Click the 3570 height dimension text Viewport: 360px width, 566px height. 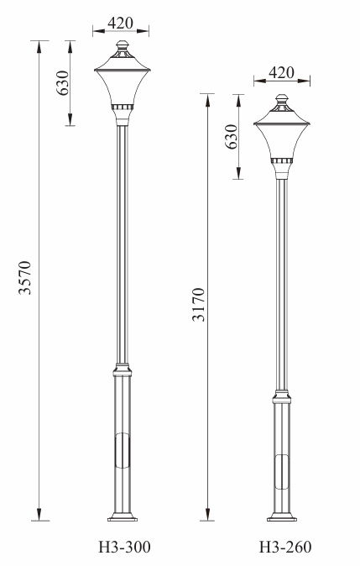tap(25, 277)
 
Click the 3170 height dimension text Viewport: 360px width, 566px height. tap(198, 304)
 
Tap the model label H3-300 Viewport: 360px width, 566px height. tap(124, 548)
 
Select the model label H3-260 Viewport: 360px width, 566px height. tap(285, 548)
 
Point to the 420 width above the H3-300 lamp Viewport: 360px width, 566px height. tap(121, 24)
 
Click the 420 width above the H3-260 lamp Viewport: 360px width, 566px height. tap(281, 72)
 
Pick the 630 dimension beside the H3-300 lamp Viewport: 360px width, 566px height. tap(63, 83)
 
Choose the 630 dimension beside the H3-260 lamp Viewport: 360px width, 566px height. tap(232, 136)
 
